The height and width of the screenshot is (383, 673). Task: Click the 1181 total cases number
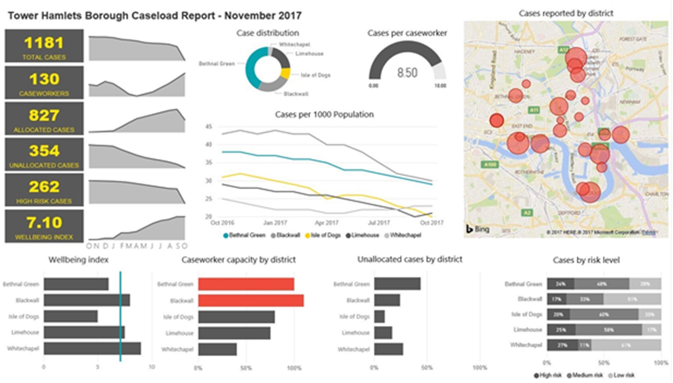point(44,43)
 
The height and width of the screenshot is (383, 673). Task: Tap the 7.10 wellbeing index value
point(44,223)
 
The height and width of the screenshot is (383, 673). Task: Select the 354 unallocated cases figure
point(44,151)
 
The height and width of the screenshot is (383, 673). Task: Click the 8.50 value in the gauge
point(407,73)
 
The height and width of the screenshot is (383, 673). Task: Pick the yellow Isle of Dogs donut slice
point(286,73)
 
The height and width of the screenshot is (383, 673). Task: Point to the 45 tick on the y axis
point(209,127)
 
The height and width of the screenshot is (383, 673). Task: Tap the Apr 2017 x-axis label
point(326,223)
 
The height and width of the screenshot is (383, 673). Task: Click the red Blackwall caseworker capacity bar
point(251,300)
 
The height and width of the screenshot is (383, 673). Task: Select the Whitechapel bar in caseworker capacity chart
point(217,349)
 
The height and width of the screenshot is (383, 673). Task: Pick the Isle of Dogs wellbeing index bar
point(71,316)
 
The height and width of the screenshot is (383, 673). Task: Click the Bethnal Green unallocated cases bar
point(397,284)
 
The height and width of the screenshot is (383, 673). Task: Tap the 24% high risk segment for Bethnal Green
point(560,284)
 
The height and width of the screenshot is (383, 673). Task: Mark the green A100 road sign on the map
point(490,164)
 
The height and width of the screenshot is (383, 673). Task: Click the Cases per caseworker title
point(407,33)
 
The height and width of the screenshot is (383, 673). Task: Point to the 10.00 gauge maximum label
point(440,86)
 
